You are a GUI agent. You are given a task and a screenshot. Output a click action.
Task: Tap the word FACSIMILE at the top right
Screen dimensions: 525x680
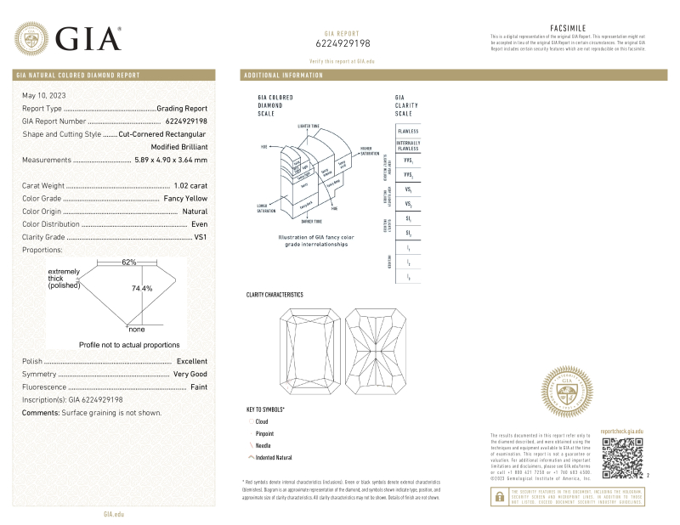(x=569, y=28)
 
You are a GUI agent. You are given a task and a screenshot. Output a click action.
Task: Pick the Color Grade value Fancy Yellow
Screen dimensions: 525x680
(x=184, y=198)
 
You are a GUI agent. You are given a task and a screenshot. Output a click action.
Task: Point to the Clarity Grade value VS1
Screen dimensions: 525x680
(x=201, y=237)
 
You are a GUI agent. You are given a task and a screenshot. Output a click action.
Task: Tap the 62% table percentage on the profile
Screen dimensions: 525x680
(x=128, y=262)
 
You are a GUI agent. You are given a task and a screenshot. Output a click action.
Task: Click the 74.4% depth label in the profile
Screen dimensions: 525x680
(x=141, y=288)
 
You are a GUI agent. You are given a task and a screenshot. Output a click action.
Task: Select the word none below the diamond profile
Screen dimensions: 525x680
(x=136, y=329)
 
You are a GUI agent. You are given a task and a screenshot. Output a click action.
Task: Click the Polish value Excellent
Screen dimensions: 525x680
(x=191, y=361)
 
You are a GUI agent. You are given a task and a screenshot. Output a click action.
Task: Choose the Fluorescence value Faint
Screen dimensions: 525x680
(x=198, y=387)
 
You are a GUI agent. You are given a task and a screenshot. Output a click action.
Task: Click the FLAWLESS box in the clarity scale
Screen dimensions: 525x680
(x=407, y=131)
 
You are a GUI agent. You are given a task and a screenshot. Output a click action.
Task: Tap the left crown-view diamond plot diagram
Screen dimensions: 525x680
(x=308, y=350)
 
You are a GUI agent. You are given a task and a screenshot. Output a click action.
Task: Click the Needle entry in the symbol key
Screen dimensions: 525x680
(x=263, y=445)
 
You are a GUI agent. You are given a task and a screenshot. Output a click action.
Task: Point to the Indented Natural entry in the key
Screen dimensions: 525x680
(x=274, y=457)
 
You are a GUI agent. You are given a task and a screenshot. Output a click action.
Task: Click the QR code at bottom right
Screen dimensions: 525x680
(x=622, y=460)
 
